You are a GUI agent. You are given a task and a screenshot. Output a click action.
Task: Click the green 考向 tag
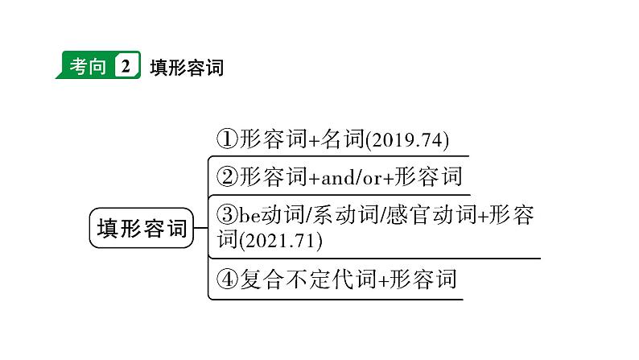tap(98, 64)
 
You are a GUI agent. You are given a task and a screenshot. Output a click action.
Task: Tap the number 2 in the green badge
tap(125, 65)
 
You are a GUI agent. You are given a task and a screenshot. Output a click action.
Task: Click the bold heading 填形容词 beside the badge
tap(187, 68)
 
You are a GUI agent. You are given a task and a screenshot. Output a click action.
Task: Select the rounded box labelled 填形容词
tap(141, 228)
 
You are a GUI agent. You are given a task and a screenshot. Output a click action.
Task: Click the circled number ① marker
tap(227, 139)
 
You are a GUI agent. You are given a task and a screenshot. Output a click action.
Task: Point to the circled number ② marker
tap(227, 177)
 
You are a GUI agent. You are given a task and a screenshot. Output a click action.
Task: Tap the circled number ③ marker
tap(227, 214)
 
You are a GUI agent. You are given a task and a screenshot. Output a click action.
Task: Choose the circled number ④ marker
tap(227, 279)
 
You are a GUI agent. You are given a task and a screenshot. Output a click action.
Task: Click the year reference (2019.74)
tap(407, 140)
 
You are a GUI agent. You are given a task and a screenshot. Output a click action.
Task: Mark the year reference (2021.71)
tap(280, 241)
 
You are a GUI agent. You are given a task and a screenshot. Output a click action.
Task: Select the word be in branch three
tap(249, 215)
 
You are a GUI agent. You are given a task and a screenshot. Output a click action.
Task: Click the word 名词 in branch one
tap(342, 139)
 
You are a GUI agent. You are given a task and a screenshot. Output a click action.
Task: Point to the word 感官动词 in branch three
tap(431, 215)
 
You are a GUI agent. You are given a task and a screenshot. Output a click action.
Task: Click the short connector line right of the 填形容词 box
tap(200, 227)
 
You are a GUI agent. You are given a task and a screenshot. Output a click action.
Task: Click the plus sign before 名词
tap(315, 141)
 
